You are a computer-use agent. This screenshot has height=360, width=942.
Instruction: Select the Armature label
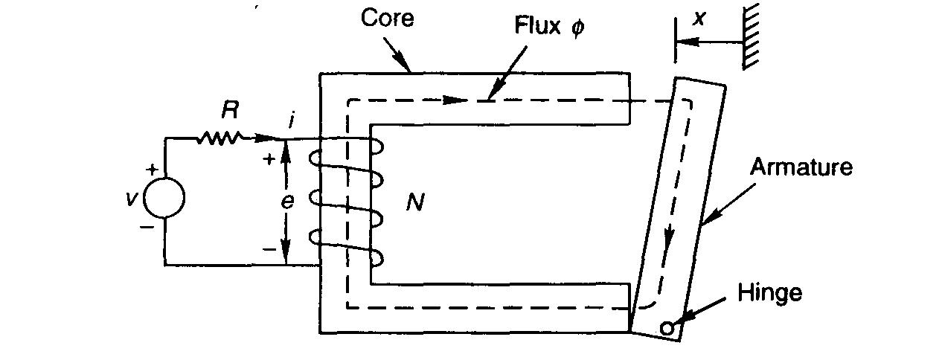[x=801, y=166]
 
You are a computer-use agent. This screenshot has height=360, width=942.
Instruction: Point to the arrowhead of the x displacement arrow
[x=682, y=44]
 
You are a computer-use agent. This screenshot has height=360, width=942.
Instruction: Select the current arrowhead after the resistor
[x=265, y=138]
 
